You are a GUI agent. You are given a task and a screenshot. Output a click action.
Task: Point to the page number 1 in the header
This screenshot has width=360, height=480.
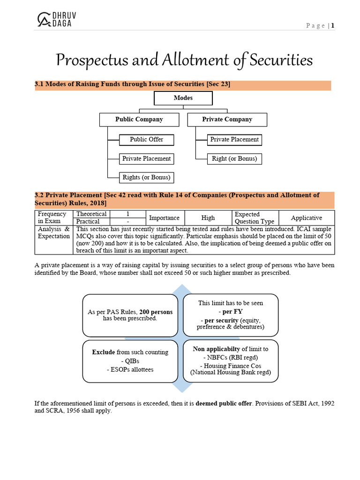(333, 26)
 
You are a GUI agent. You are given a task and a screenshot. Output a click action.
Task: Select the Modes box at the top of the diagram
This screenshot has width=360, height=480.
(183, 98)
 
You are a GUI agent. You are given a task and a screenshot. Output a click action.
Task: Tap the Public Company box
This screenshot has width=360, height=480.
(139, 120)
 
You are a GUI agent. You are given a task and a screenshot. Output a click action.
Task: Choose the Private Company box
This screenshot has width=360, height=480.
(227, 120)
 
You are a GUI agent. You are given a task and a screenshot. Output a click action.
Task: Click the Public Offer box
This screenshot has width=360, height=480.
(146, 140)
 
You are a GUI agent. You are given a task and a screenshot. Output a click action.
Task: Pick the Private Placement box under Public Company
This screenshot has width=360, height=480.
(146, 159)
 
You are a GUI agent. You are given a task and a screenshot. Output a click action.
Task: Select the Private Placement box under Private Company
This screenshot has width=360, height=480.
(234, 140)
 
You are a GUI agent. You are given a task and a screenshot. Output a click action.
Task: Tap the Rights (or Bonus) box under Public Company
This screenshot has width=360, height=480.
(146, 178)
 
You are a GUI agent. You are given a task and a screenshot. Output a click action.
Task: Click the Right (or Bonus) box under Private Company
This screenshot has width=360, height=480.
(234, 159)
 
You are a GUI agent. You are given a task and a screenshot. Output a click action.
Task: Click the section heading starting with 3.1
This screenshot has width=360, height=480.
(133, 84)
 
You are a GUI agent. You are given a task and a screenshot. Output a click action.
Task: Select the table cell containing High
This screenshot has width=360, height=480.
(208, 218)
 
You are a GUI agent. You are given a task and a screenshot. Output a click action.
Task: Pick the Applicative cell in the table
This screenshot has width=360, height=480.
(306, 218)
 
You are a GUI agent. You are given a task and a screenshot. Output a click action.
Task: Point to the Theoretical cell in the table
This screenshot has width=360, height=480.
(91, 214)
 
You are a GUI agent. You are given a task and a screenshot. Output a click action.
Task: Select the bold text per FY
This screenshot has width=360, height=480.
(230, 311)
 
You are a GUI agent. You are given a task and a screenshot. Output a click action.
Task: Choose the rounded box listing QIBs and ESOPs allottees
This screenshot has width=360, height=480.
(130, 361)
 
